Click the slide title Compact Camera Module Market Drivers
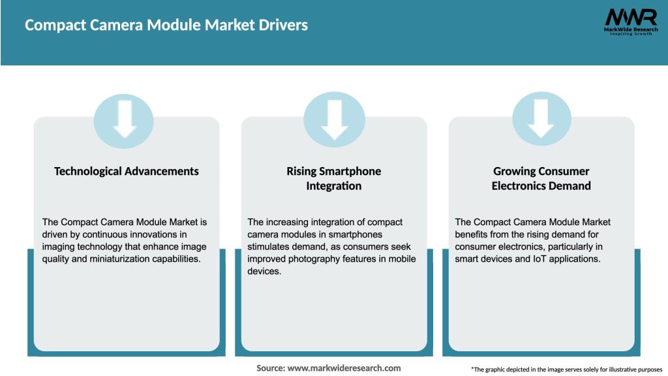click(166, 25)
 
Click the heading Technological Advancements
click(127, 171)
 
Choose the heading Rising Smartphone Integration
click(334, 178)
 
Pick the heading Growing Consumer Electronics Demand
click(541, 178)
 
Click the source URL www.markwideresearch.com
click(344, 368)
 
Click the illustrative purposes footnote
click(566, 369)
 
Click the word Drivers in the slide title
click(284, 25)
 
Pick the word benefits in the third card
click(476, 234)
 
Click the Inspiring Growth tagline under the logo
click(630, 33)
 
